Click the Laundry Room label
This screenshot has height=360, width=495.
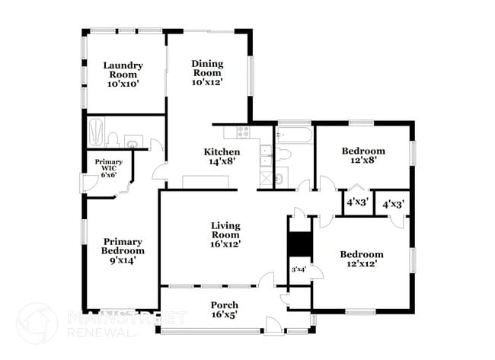coord(122,75)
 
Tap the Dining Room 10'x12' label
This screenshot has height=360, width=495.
coord(207,73)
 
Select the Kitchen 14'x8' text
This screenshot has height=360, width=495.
coord(222,156)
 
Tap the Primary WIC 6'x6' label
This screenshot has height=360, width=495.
coord(107,168)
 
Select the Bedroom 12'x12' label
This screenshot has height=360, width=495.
coord(361,259)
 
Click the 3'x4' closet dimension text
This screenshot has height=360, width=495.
coord(299,269)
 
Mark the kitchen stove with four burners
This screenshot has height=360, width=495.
coord(244,133)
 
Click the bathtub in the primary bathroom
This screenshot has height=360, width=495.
coord(96,132)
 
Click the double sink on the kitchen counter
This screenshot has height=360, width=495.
coord(263,157)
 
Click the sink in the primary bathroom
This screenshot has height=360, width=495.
coord(133,143)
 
